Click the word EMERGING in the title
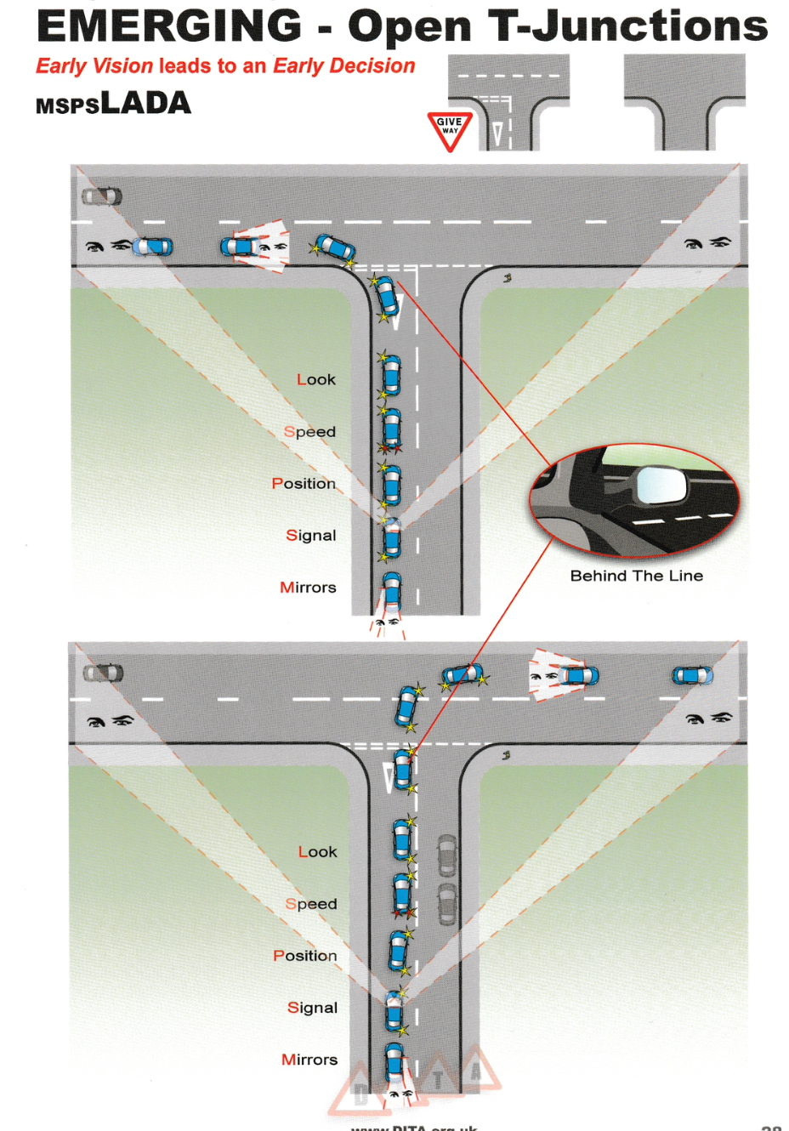click(x=169, y=26)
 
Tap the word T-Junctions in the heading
click(x=627, y=26)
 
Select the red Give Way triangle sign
click(x=449, y=130)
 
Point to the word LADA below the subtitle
click(x=145, y=104)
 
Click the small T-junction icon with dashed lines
click(x=508, y=102)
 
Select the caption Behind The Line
click(x=636, y=576)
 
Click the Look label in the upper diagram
click(x=315, y=379)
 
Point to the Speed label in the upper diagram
click(x=309, y=432)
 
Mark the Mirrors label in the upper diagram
click(x=308, y=588)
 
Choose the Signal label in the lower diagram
click(x=312, y=1008)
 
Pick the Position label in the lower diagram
click(x=304, y=956)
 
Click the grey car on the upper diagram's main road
click(x=102, y=196)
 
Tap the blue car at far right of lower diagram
click(x=692, y=676)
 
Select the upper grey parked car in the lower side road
click(x=446, y=855)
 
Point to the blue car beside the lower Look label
click(x=403, y=839)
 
